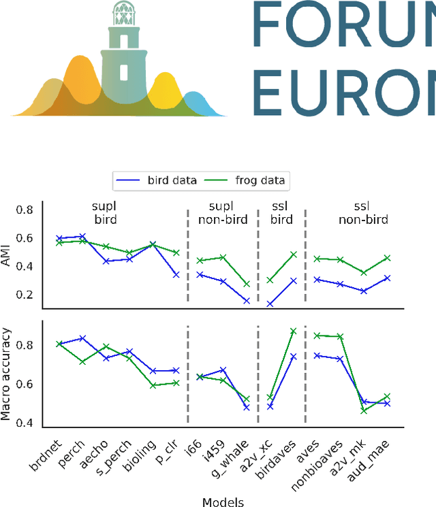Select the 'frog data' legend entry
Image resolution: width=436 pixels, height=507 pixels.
click(x=251, y=180)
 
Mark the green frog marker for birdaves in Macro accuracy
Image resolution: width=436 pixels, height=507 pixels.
click(x=294, y=331)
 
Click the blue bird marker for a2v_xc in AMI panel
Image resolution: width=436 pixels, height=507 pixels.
click(x=270, y=304)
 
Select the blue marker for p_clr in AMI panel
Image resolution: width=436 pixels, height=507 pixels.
click(x=176, y=274)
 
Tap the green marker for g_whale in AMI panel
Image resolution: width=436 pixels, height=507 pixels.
click(x=246, y=284)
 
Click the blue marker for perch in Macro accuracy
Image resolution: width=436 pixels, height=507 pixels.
click(x=83, y=338)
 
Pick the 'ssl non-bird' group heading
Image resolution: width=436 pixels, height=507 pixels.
click(x=363, y=213)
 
